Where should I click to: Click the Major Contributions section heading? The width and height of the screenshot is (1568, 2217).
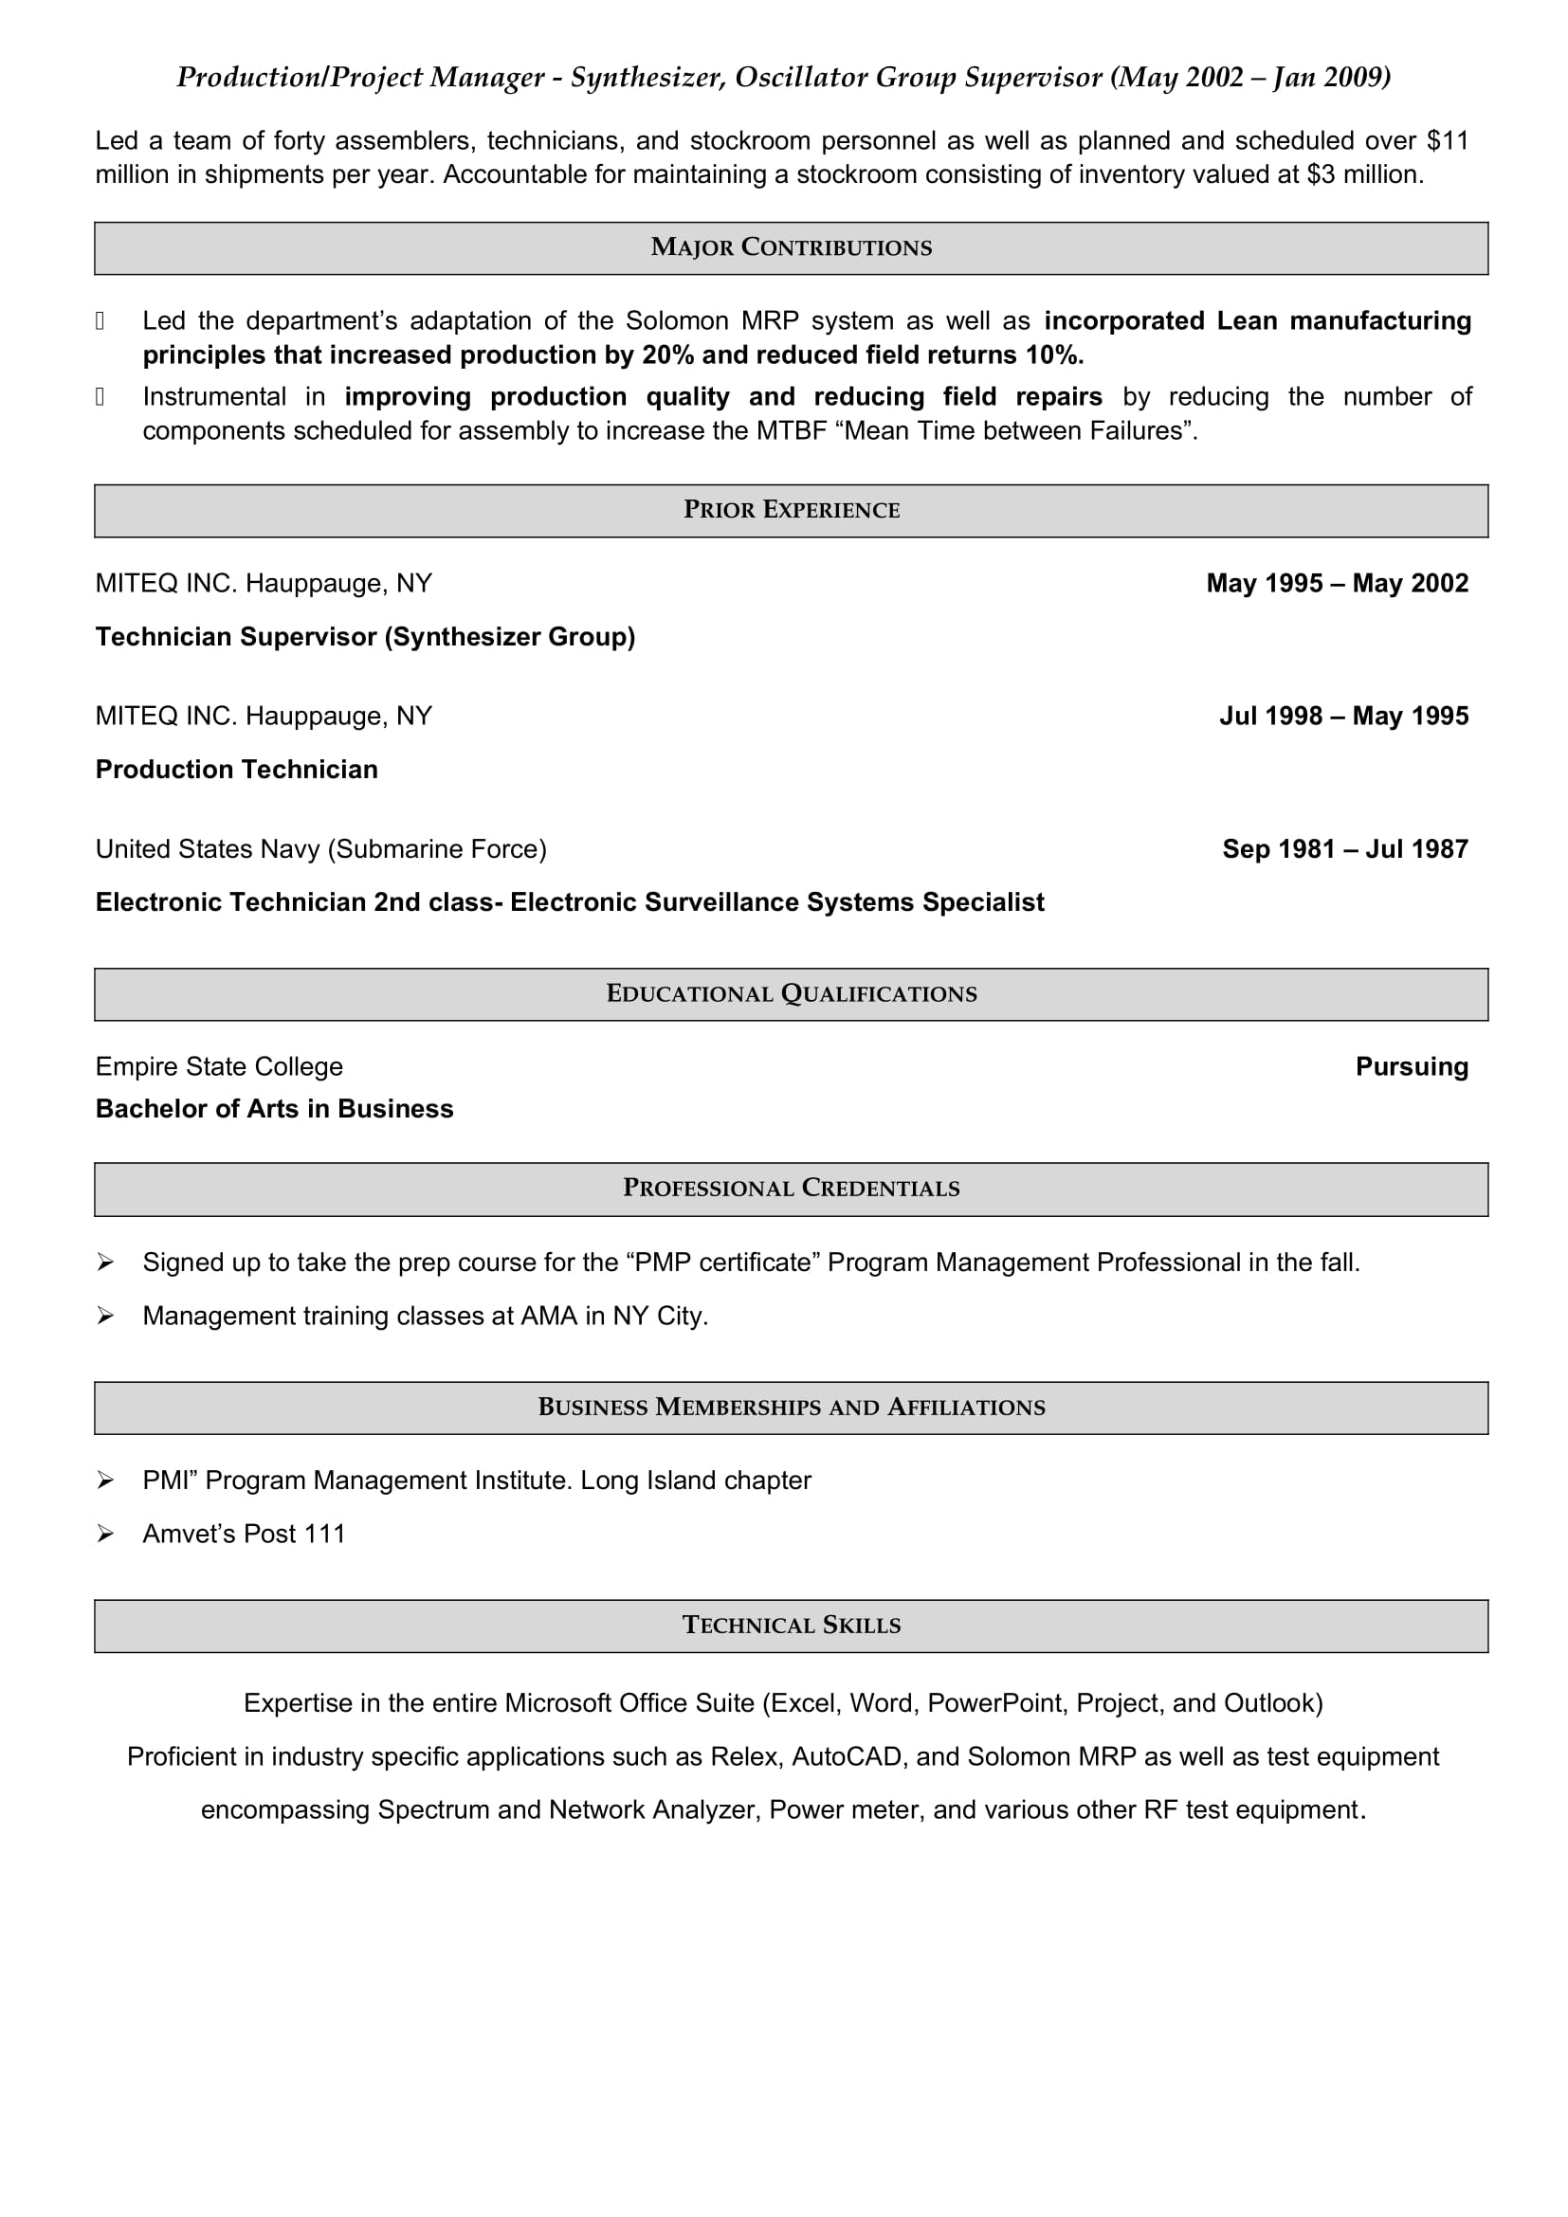tap(791, 247)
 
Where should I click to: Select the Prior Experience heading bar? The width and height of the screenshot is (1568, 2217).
tap(791, 510)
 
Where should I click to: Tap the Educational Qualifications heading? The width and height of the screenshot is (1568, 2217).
tap(791, 993)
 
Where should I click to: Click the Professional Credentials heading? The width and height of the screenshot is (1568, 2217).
tap(791, 1188)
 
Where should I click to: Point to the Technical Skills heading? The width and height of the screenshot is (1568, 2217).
tap(791, 1626)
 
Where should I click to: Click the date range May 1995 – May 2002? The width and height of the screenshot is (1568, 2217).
tap(1337, 583)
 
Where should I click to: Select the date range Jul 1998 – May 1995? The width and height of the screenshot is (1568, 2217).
tap(1343, 716)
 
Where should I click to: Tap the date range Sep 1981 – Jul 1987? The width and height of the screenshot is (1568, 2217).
tap(1344, 848)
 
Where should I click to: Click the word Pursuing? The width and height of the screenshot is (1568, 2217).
tap(1411, 1066)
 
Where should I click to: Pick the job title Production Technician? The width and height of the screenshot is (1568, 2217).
tap(237, 770)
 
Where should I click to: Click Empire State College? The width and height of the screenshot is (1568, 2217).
tap(219, 1066)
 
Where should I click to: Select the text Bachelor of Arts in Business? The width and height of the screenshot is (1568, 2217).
tap(274, 1109)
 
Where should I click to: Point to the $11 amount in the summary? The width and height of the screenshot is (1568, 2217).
tap(1448, 141)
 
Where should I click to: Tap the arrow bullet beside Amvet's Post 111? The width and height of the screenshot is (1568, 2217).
tap(105, 1534)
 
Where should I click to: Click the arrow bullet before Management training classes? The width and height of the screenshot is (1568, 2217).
tap(105, 1317)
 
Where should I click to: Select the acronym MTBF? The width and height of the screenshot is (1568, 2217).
tap(791, 430)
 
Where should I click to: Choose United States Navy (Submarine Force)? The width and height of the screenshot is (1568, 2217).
tap(320, 848)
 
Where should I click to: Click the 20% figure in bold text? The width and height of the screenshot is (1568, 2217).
tap(668, 355)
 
